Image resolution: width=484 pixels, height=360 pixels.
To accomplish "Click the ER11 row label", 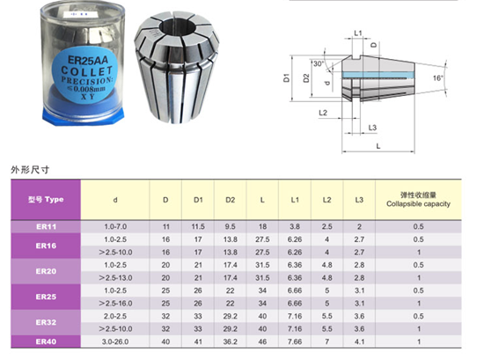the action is coord(47,226).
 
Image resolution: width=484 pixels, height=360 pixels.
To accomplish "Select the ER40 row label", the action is coord(46,342).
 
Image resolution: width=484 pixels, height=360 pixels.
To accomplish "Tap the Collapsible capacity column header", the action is coord(418,204).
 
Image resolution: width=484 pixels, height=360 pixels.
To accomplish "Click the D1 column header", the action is coord(198,200).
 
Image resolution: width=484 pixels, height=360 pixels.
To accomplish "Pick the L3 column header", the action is coord(359,200).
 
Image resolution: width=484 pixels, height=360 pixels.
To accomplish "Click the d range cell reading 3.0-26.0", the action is coord(115,342).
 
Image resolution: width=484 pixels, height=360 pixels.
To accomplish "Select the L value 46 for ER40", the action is coord(262,342).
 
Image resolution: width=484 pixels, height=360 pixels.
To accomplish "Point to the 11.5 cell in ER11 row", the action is coord(198,226).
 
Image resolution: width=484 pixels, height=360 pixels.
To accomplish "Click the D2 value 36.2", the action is coord(231,342).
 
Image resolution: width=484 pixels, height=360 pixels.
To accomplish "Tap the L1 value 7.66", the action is coord(295,342).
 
